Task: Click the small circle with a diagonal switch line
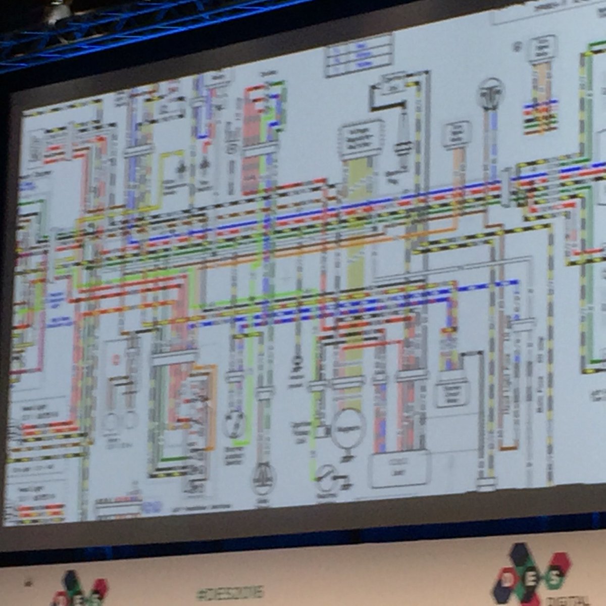tap(326, 477)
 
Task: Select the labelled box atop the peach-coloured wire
tap(457, 134)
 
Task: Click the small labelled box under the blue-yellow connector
tap(452, 389)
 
